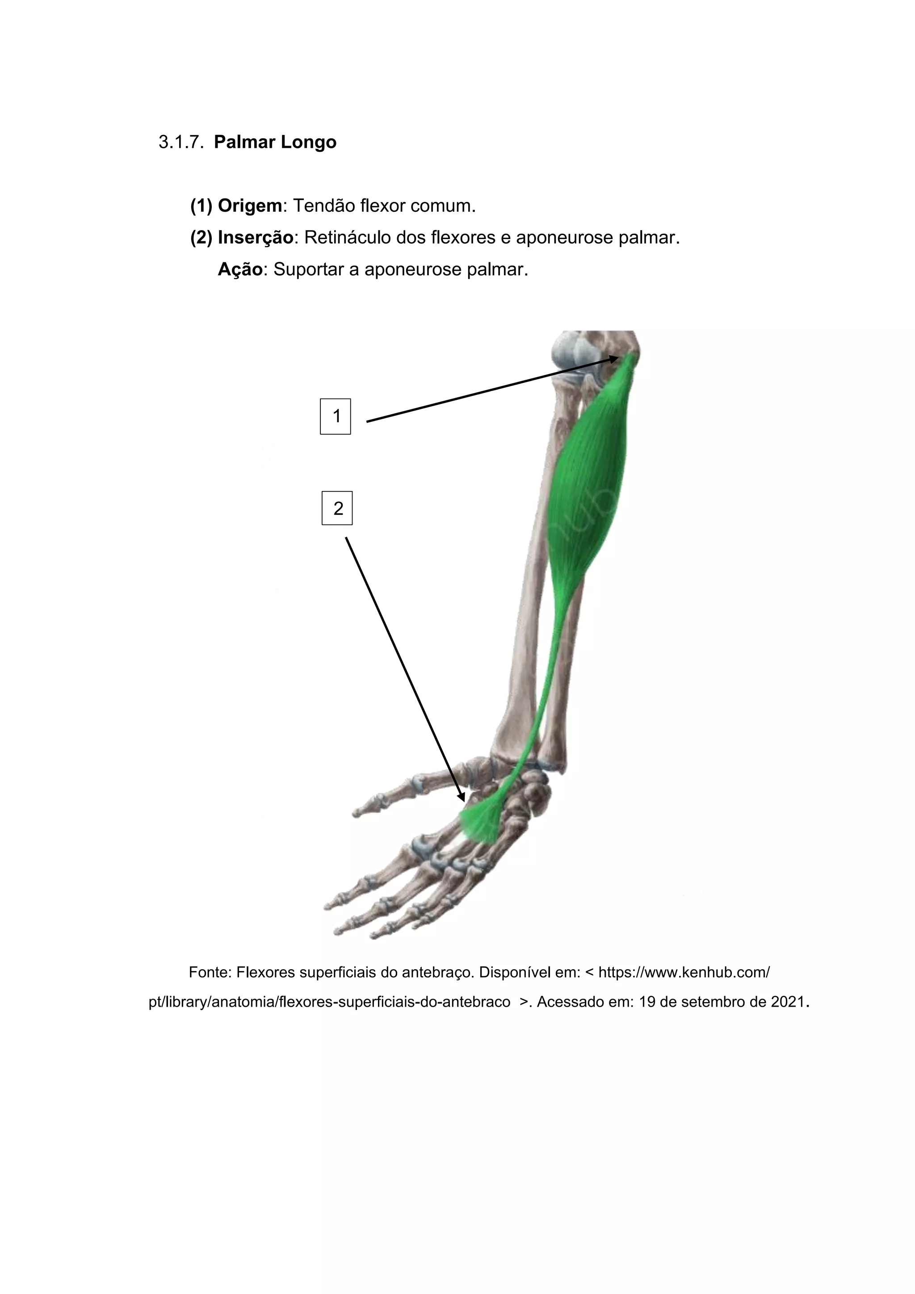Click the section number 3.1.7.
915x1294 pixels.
180,142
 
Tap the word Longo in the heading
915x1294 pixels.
309,142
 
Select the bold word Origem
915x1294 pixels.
250,206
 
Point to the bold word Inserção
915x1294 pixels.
255,238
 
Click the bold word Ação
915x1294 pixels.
240,269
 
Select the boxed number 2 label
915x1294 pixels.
337,508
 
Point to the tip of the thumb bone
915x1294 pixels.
356,813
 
